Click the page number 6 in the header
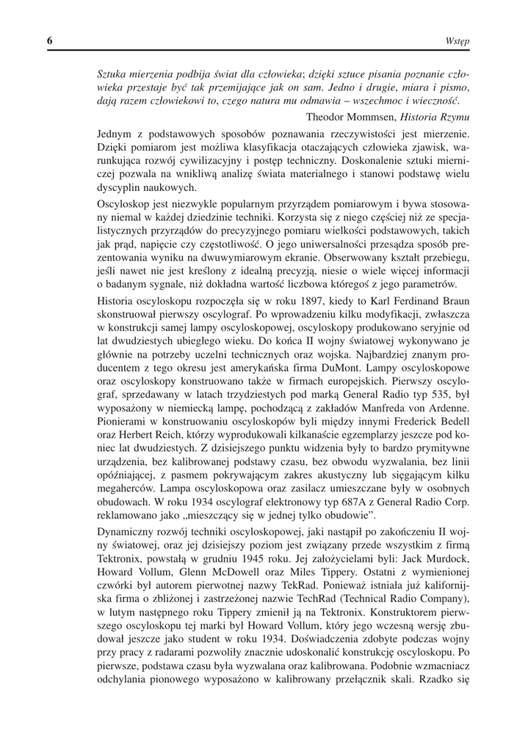tap(49, 42)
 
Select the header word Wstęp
tap(457, 43)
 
